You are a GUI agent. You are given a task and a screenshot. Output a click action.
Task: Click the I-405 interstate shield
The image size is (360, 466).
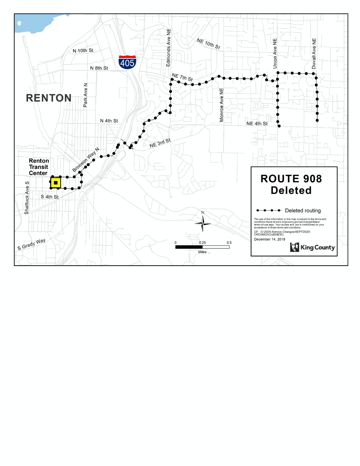tap(127, 62)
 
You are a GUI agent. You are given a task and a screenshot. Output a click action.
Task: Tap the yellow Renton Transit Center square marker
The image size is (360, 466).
tap(55, 183)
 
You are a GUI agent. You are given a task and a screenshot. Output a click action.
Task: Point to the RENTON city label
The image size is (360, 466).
tap(49, 98)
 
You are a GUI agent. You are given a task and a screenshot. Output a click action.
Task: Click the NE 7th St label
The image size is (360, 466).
tap(182, 77)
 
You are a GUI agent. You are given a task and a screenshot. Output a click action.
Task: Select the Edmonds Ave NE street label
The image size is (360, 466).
tap(169, 48)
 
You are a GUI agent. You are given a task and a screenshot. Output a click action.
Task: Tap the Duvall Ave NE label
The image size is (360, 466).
tap(314, 54)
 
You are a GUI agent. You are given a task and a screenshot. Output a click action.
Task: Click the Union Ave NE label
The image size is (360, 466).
tap(275, 54)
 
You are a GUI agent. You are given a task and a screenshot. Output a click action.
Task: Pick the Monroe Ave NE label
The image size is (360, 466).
tap(221, 105)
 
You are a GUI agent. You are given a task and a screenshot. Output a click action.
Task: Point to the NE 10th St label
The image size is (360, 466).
tap(208, 44)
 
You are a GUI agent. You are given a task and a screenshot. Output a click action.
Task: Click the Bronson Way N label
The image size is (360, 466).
tap(86, 160)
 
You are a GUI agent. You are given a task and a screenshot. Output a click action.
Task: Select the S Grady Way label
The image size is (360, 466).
tap(31, 244)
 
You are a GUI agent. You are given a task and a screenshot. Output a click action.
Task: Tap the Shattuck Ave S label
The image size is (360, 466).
tap(27, 198)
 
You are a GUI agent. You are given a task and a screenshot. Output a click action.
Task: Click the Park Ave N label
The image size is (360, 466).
tap(85, 95)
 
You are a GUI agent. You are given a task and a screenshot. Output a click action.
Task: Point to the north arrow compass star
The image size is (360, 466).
tap(203, 223)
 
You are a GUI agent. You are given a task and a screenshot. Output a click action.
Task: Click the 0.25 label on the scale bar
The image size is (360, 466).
tap(202, 243)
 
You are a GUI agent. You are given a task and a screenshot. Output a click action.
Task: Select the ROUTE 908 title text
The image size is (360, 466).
tap(291, 179)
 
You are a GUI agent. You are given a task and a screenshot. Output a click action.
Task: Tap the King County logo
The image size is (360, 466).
tap(312, 247)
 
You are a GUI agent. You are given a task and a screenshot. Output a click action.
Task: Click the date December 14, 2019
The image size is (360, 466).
tap(269, 239)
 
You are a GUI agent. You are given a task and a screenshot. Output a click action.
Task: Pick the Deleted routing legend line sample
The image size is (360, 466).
tap(269, 210)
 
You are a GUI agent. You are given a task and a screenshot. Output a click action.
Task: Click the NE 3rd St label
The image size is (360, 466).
tap(160, 143)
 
